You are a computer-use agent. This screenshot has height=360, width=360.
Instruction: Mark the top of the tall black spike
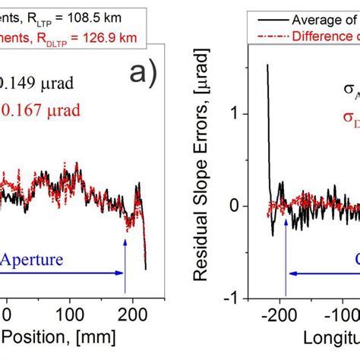(x=267, y=65)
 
